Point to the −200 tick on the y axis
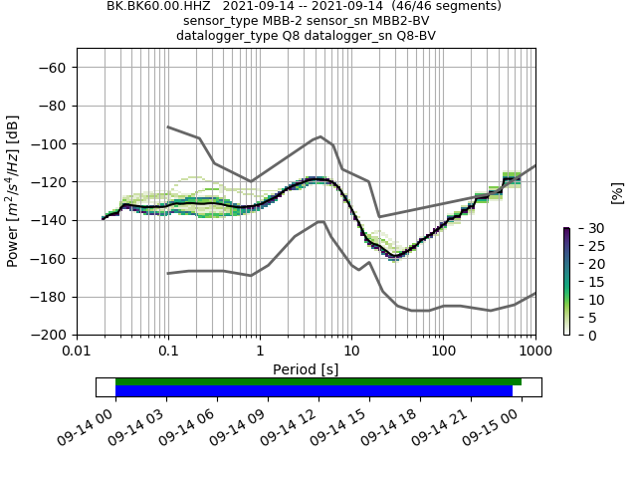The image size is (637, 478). coord(48,335)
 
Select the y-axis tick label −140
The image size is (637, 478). coord(48,220)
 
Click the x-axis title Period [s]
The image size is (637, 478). coord(306,369)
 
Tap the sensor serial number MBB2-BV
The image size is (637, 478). coord(404,21)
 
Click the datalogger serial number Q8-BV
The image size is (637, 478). coord(410,36)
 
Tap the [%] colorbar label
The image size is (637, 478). coord(617,192)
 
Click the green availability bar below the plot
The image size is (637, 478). coord(318,381)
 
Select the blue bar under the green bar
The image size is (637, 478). coord(314,391)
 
